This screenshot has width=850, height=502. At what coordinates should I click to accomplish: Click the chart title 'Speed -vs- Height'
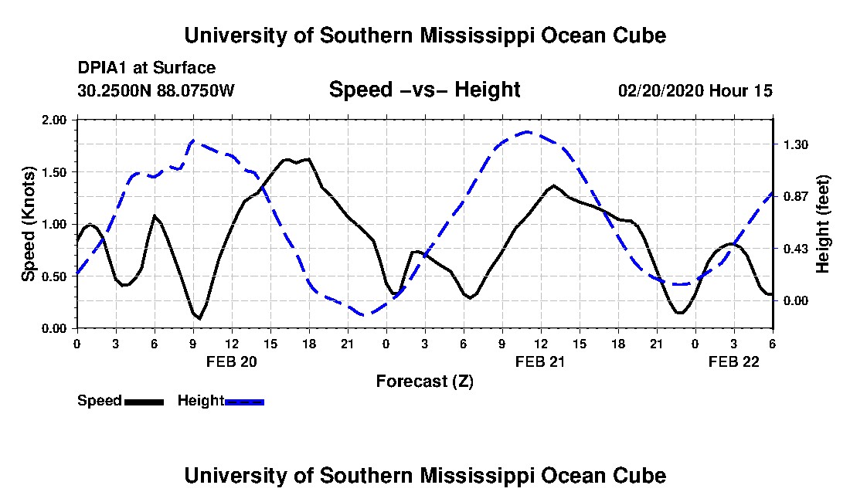click(424, 90)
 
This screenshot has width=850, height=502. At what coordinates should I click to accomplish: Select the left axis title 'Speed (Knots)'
click(29, 224)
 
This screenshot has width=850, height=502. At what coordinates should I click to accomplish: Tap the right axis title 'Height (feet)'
click(822, 224)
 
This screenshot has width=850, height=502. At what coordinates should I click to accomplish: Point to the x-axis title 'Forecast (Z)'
click(424, 381)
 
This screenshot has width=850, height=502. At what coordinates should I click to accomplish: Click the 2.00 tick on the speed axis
click(55, 120)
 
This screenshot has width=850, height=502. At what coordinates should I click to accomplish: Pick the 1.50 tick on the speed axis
click(55, 172)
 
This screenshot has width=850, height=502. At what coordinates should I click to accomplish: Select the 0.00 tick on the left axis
click(55, 329)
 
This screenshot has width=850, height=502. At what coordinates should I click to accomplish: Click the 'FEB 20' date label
click(231, 361)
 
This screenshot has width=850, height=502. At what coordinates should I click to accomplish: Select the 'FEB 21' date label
click(540, 361)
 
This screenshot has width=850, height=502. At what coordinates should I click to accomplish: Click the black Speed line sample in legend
click(144, 402)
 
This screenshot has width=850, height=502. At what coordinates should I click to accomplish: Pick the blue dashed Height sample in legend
click(244, 402)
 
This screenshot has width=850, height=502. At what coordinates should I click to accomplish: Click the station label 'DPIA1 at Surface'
click(147, 69)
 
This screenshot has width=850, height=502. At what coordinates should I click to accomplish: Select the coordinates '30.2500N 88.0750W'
click(156, 91)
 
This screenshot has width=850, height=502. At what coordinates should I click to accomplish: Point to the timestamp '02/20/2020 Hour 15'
click(695, 91)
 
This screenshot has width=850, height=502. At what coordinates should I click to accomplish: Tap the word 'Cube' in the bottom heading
click(638, 476)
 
